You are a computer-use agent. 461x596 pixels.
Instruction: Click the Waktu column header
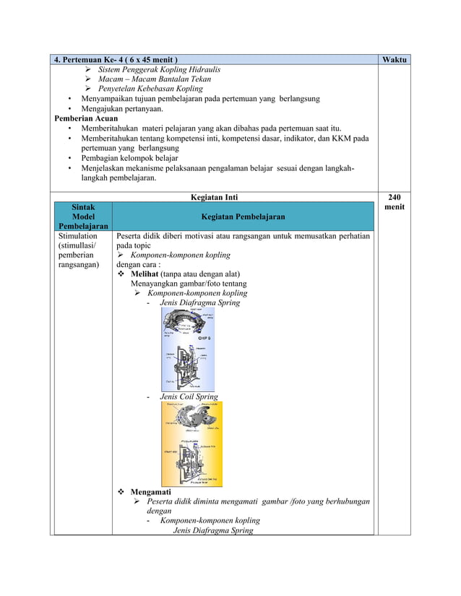tap(395, 59)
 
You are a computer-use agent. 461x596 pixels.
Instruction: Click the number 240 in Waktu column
tap(395, 196)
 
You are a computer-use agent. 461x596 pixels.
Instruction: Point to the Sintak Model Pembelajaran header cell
tap(82, 216)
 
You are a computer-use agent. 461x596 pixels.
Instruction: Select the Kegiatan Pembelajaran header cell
tap(243, 216)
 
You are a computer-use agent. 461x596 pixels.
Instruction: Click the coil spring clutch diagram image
tap(191, 443)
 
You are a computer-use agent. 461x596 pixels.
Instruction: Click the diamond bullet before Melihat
tap(121, 273)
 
